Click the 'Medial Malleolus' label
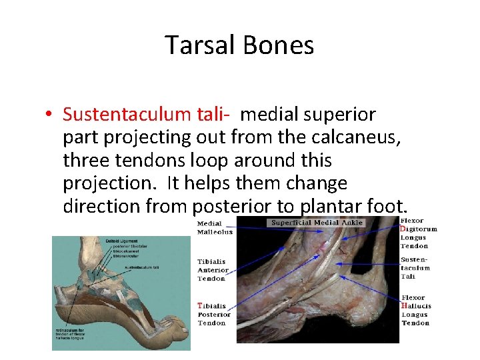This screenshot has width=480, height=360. pyautogui.click(x=215, y=228)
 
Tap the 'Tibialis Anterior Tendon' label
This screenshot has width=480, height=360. pyautogui.click(x=212, y=270)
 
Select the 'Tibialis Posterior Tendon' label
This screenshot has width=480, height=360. pyautogui.click(x=213, y=314)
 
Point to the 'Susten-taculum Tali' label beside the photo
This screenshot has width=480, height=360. pyautogui.click(x=415, y=267)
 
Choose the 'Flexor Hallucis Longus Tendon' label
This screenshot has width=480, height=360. pyautogui.click(x=416, y=310)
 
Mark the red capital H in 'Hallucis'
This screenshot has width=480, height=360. pyautogui.click(x=404, y=306)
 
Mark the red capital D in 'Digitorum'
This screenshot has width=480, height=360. pyautogui.click(x=403, y=229)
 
